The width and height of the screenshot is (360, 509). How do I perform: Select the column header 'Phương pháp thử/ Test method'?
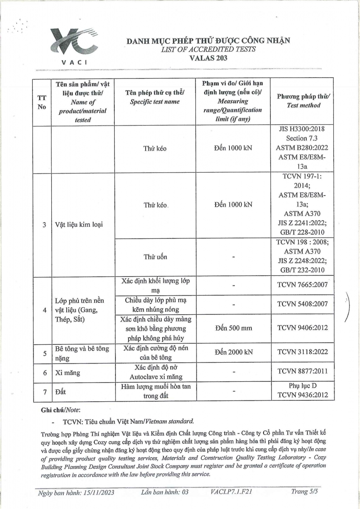(x=303, y=101)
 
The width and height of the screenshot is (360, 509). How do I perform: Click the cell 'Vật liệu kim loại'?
(x=79, y=225)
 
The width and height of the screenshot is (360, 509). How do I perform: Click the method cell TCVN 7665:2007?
(x=302, y=285)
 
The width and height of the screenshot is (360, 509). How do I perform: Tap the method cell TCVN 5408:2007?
(x=302, y=304)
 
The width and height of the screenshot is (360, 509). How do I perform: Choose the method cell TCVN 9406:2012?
(x=302, y=328)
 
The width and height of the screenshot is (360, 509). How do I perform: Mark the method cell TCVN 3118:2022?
(x=302, y=352)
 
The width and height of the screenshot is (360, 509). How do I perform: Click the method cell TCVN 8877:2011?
(x=302, y=372)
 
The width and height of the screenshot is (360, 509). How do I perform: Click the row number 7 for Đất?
(x=44, y=392)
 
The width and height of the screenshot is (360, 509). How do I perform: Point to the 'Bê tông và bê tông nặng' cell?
(x=82, y=352)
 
